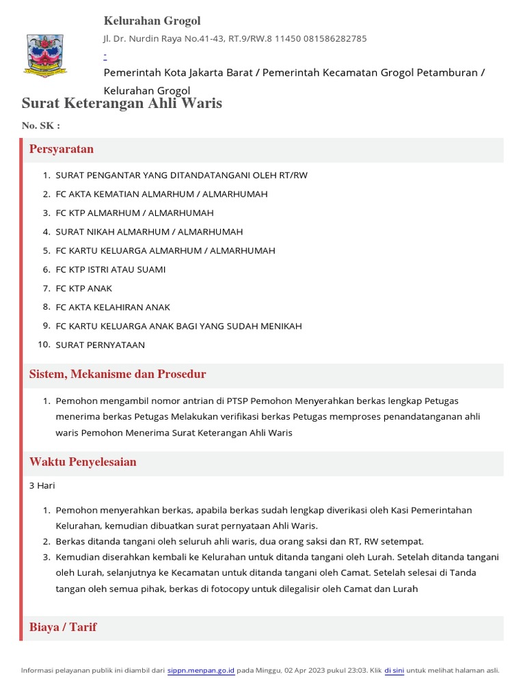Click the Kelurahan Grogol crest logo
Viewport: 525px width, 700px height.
click(45, 54)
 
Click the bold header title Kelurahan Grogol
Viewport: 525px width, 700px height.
click(152, 21)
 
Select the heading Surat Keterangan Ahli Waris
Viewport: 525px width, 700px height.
click(122, 103)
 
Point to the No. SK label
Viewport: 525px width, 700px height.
click(41, 126)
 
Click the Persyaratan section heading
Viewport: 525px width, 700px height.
click(62, 149)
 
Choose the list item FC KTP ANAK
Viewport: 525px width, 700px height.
click(83, 288)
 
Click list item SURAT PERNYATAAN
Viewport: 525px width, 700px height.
click(100, 345)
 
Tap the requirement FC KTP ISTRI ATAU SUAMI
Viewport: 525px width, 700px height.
click(110, 269)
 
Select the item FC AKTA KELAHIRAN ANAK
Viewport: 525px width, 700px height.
click(113, 307)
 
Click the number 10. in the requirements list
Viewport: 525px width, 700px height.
click(44, 345)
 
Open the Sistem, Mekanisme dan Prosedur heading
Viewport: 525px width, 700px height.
click(118, 375)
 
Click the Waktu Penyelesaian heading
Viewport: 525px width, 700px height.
click(83, 462)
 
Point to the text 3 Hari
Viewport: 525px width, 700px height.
click(42, 485)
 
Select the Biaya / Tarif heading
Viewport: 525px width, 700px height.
click(63, 627)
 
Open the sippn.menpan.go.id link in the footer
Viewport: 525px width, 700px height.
click(201, 671)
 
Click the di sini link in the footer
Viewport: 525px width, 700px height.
click(394, 671)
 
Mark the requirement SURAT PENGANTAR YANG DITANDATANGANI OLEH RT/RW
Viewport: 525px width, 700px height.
click(181, 175)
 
